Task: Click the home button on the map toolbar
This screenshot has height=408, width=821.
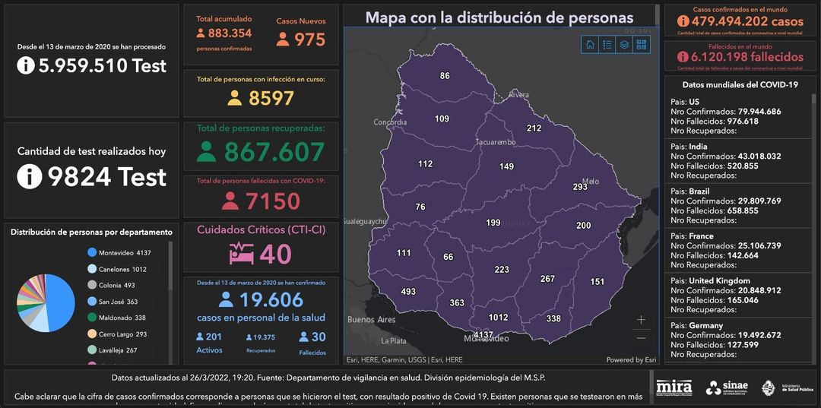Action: pyautogui.click(x=590, y=44)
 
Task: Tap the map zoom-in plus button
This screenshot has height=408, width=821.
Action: pyautogui.click(x=642, y=320)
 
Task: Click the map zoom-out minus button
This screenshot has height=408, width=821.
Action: pyautogui.click(x=642, y=338)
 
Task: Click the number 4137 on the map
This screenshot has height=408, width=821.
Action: pyautogui.click(x=483, y=334)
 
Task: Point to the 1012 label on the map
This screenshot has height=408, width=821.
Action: pyautogui.click(x=498, y=318)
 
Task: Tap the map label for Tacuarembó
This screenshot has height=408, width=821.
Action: pyautogui.click(x=496, y=142)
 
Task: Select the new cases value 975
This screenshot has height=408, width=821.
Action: pyautogui.click(x=309, y=40)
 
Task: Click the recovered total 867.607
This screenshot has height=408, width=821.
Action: pyautogui.click(x=274, y=152)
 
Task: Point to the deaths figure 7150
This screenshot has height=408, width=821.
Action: pyautogui.click(x=272, y=201)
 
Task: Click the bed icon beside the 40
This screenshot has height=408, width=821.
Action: pyautogui.click(x=242, y=253)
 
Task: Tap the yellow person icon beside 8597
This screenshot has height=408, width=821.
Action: pyautogui.click(x=235, y=98)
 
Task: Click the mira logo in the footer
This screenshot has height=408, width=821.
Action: pyautogui.click(x=674, y=387)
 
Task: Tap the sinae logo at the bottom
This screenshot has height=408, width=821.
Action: pyautogui.click(x=727, y=387)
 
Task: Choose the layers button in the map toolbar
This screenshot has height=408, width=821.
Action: pyautogui.click(x=624, y=44)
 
